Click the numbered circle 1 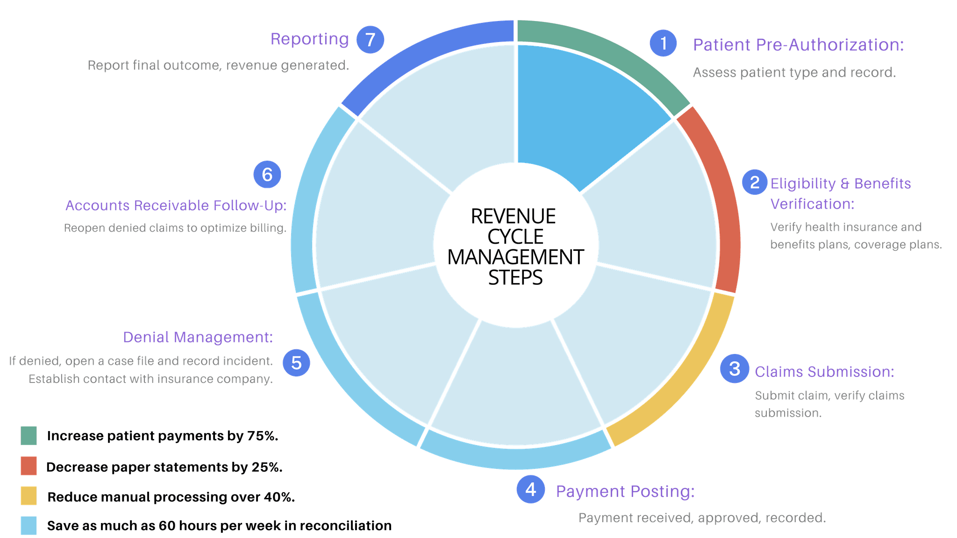[x=663, y=43]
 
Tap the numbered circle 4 [x=530, y=489]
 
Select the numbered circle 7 [x=370, y=40]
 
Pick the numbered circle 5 [x=296, y=362]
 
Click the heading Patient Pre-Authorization [x=798, y=45]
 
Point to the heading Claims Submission [x=824, y=372]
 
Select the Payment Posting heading [x=625, y=491]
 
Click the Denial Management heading [x=198, y=337]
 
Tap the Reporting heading [x=309, y=39]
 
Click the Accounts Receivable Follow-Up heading [x=176, y=205]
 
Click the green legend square [x=29, y=436]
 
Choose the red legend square [x=29, y=466]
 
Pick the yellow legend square [x=29, y=496]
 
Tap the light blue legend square [x=29, y=525]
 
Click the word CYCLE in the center [x=515, y=237]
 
